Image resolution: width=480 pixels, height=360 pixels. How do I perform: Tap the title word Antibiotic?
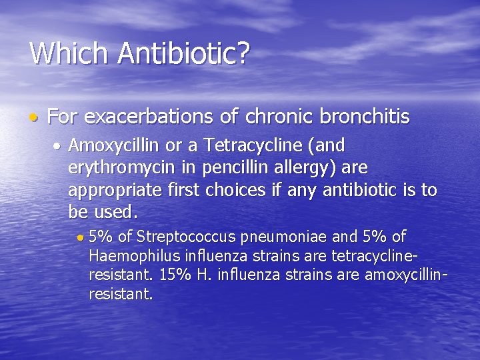coord(183,53)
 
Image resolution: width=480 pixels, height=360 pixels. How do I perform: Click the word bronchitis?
coord(365,117)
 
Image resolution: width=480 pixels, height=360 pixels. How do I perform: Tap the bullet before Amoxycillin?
coord(59,145)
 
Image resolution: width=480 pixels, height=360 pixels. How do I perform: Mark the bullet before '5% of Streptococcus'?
coord(80,237)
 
